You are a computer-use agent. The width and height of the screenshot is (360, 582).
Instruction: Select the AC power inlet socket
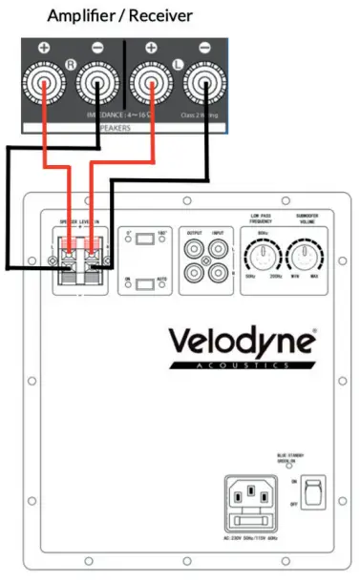point(251,496)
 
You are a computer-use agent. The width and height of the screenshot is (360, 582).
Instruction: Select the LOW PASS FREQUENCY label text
point(260,219)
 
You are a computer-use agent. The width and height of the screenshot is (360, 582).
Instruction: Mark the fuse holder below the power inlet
point(251,522)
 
